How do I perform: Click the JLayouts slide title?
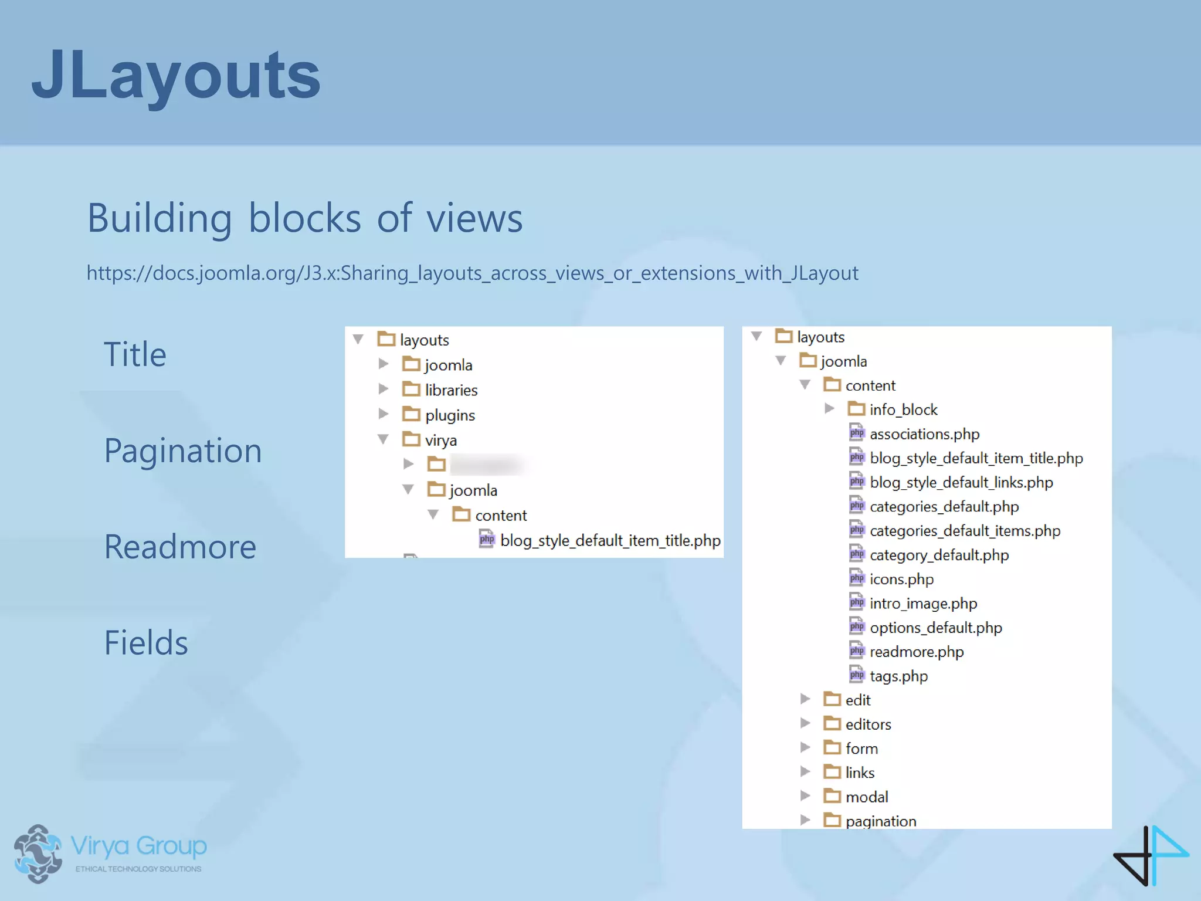[176, 75]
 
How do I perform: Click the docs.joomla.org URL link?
[472, 273]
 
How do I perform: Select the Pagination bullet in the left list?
[183, 450]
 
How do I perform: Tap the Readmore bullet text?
[180, 547]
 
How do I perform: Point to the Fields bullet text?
[146, 643]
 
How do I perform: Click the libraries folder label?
[451, 390]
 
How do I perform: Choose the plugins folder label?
[450, 415]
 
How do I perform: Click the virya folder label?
[440, 441]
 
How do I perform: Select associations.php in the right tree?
[924, 434]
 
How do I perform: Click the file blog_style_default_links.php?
[961, 482]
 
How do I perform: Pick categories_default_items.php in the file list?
[965, 531]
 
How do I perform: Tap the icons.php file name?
[901, 580]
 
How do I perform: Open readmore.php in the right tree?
[917, 652]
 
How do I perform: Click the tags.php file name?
[898, 676]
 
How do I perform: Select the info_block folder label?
[903, 409]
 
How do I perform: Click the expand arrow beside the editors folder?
[805, 723]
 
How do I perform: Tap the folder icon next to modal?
[832, 796]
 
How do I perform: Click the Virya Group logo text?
[138, 846]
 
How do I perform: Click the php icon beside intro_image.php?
[857, 603]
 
